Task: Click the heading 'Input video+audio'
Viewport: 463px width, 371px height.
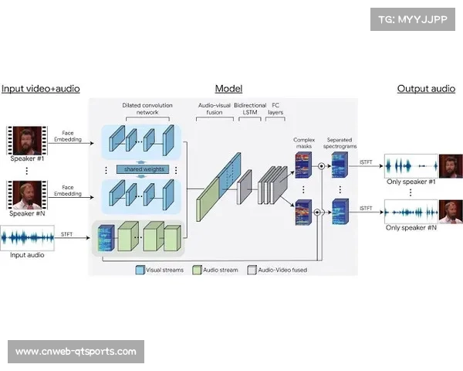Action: (40, 88)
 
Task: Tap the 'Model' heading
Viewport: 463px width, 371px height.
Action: (228, 88)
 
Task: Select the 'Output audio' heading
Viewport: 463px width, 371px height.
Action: (426, 88)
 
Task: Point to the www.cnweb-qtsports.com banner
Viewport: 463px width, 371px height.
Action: (76, 352)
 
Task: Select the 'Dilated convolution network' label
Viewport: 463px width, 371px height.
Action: (140, 109)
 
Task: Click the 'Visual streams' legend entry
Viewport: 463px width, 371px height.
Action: (161, 271)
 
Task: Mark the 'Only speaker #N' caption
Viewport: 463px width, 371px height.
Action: (411, 228)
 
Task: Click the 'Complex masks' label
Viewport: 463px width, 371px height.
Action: (304, 145)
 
